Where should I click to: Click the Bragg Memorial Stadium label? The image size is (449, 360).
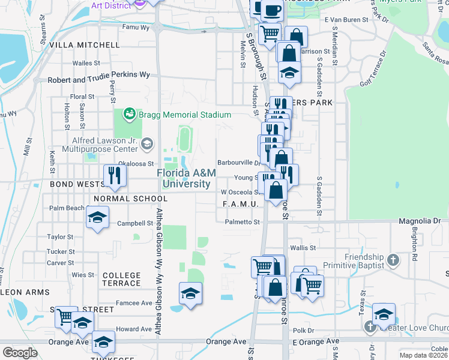click(184, 115)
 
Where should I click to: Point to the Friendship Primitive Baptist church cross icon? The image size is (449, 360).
click(393, 260)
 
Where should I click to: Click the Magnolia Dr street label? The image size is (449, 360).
click(423, 221)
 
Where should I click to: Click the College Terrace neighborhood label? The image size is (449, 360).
click(122, 280)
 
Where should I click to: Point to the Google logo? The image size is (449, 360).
click(20, 352)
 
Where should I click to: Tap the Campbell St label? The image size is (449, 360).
click(135, 223)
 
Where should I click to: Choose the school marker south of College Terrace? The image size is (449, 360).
click(190, 293)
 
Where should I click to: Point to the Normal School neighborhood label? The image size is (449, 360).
click(130, 199)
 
